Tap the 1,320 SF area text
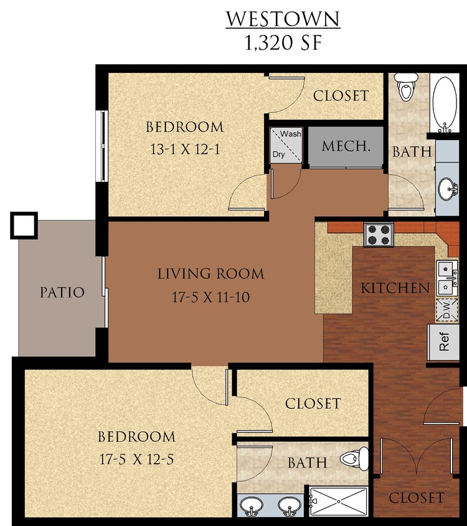click(283, 44)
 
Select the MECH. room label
click(346, 147)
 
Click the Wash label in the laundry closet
click(291, 134)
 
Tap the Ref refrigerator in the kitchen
click(445, 342)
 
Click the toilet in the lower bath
click(353, 460)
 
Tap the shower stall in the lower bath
click(339, 502)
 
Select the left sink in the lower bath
click(253, 505)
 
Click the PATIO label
click(62, 292)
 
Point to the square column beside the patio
click(24, 226)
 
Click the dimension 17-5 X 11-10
click(210, 298)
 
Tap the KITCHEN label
click(395, 288)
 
